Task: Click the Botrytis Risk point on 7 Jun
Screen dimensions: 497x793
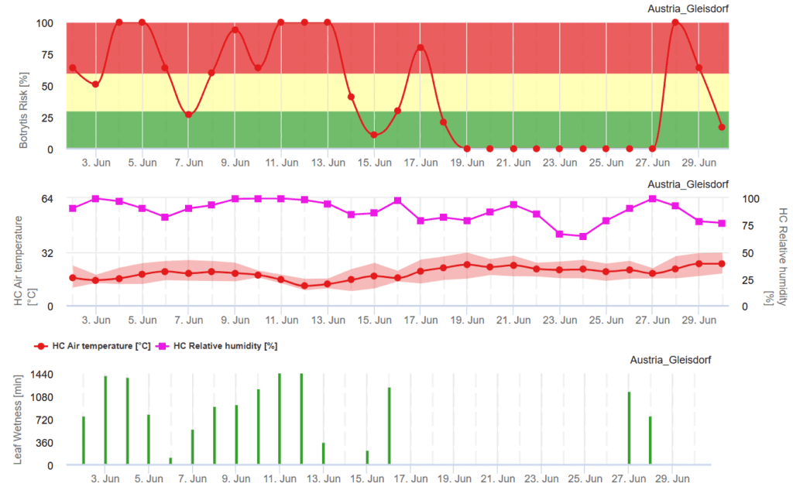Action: point(188,115)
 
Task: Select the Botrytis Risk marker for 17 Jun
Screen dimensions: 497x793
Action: point(421,48)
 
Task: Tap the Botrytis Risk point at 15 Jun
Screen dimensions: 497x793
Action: point(374,135)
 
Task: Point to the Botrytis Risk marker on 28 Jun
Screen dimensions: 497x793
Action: point(675,22)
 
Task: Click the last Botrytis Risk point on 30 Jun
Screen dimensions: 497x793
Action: point(722,127)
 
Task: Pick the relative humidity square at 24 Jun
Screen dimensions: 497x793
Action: point(582,236)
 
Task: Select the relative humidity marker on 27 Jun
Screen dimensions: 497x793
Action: point(652,199)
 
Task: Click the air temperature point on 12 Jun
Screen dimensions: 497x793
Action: point(304,286)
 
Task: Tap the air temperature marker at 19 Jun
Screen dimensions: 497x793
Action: point(467,264)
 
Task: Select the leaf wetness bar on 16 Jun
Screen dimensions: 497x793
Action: point(389,426)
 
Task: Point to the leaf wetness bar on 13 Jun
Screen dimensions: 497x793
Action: point(323,454)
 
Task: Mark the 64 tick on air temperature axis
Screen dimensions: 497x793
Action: point(46,199)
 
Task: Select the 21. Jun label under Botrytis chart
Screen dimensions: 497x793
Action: point(513,163)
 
